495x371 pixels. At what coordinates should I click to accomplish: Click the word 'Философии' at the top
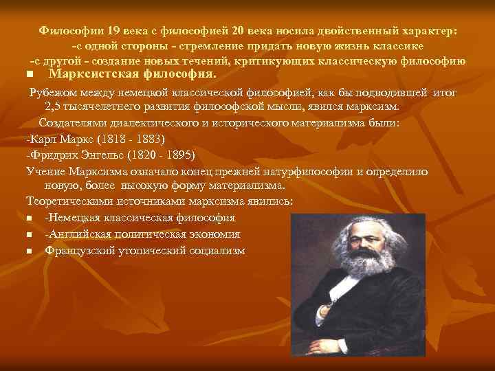[x=67, y=31]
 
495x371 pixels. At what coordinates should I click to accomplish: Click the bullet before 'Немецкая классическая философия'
[x=30, y=218]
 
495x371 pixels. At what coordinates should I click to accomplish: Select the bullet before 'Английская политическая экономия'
[x=30, y=235]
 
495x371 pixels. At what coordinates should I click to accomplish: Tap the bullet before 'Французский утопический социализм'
[x=30, y=251]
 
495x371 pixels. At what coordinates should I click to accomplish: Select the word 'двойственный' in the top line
[x=364, y=31]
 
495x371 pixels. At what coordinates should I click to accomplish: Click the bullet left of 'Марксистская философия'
[x=29, y=74]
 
